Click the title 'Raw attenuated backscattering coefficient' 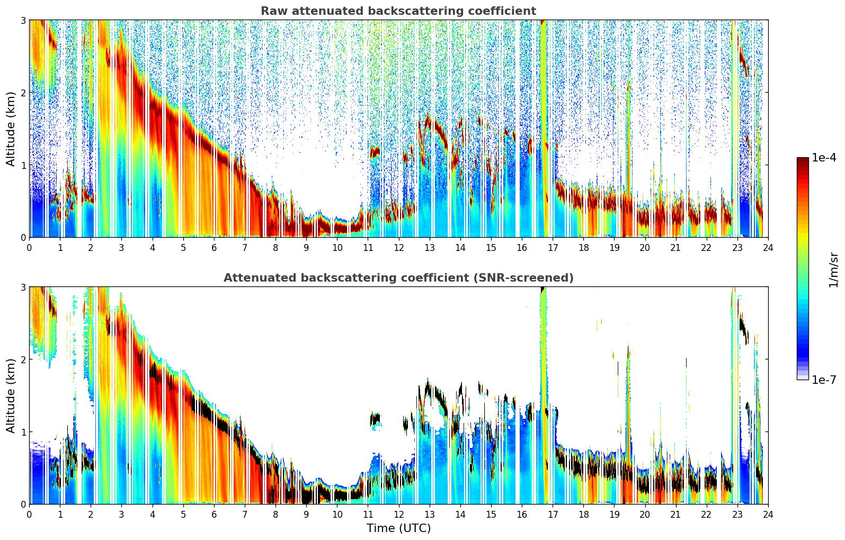tap(398, 11)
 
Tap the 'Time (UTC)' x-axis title tap(398, 528)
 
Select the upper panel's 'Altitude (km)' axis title tap(11, 129)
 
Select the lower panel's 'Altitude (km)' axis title tap(11, 395)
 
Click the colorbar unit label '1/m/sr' tap(833, 269)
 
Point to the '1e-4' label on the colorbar tap(824, 158)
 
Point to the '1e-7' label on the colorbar tap(824, 380)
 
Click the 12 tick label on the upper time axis tap(398, 248)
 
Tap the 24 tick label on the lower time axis tap(768, 515)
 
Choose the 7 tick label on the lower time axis tap(245, 515)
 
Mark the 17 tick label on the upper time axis tap(553, 248)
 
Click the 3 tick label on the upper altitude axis tap(23, 20)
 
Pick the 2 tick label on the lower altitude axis tap(23, 359)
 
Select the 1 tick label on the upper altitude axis tap(23, 165)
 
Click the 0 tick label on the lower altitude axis tap(23, 505)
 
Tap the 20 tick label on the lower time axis tap(645, 515)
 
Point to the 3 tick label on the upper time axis tap(121, 248)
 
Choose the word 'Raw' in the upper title tap(272, 11)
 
